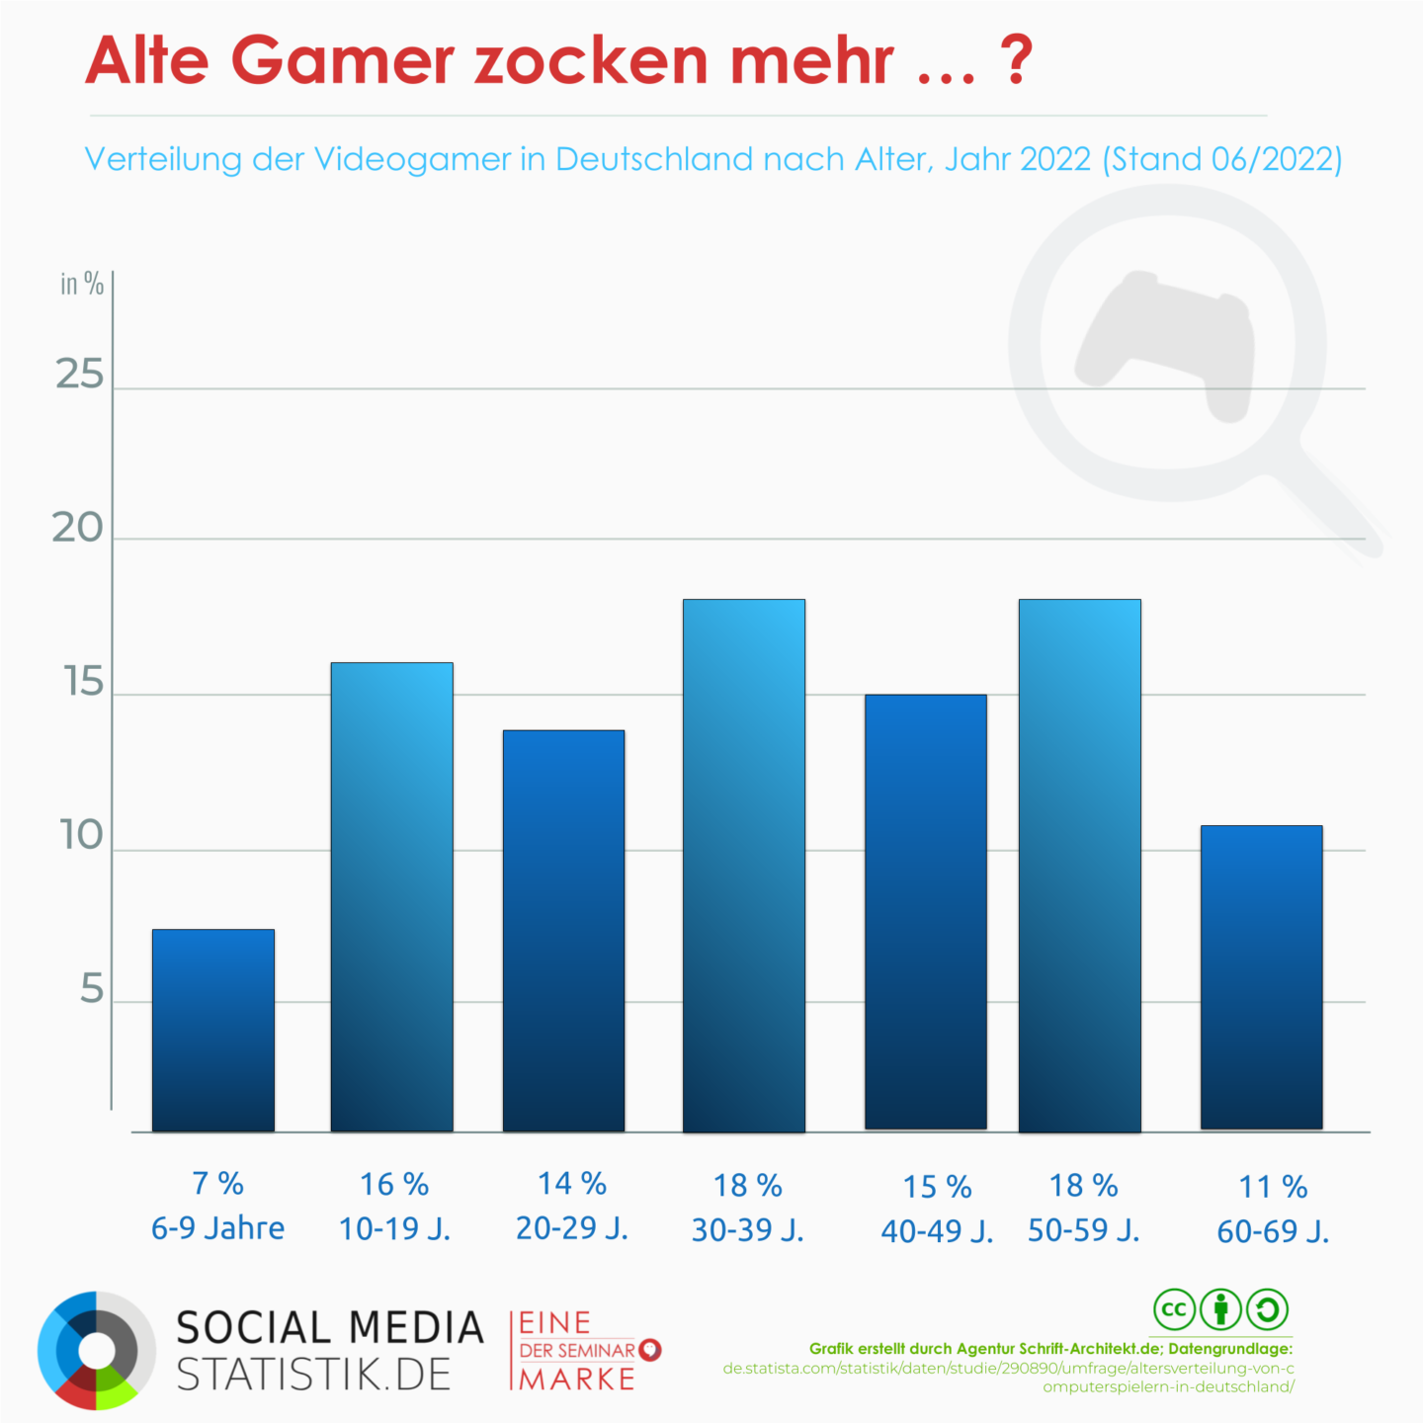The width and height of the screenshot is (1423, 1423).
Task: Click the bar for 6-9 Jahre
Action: click(213, 1030)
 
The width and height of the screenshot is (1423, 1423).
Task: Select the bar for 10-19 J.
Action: click(391, 896)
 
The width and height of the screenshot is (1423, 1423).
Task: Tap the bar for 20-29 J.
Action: click(563, 930)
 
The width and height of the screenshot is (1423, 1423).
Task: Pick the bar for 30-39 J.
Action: click(743, 865)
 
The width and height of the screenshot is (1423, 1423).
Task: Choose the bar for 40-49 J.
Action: click(925, 911)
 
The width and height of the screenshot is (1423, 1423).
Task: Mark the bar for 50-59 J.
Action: click(1079, 865)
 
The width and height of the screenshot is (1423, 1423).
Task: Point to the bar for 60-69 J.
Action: click(1261, 976)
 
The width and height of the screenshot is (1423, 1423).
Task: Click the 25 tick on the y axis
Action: click(79, 376)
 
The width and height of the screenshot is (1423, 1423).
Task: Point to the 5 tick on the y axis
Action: click(91, 989)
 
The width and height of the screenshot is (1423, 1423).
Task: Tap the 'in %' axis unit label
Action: click(81, 285)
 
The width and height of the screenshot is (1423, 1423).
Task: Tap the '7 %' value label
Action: click(217, 1183)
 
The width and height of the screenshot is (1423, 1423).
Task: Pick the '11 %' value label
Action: click(1273, 1187)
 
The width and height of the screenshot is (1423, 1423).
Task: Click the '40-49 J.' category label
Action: click(937, 1231)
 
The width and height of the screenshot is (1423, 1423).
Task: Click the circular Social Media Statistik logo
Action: click(96, 1350)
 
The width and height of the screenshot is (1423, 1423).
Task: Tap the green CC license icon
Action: click(1174, 1310)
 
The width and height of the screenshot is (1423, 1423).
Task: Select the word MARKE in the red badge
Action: click(577, 1379)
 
